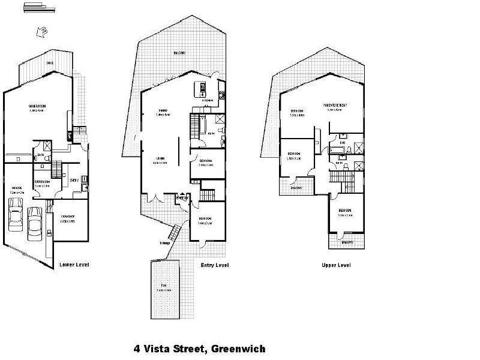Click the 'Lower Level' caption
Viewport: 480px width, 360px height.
(x=74, y=263)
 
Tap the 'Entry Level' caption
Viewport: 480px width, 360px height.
(x=215, y=265)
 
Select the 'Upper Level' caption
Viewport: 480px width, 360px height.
(x=336, y=265)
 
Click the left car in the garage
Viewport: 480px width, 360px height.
(x=16, y=216)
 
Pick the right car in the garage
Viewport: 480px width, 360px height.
(x=35, y=220)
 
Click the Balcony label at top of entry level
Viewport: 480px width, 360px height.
(x=179, y=53)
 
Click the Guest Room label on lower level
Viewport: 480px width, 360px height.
(x=37, y=107)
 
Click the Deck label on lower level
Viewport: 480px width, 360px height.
(x=50, y=63)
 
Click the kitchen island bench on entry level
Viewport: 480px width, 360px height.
(x=197, y=90)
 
